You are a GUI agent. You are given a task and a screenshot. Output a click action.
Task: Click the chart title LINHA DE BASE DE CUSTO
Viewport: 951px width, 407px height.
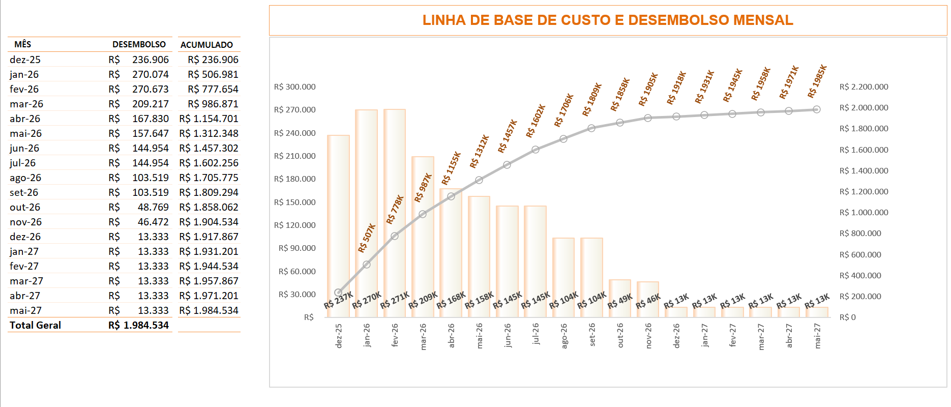607,20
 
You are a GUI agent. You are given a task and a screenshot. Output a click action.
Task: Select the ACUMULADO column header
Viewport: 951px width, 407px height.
206,45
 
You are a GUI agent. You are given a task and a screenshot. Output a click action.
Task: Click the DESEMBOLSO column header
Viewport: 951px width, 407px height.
139,44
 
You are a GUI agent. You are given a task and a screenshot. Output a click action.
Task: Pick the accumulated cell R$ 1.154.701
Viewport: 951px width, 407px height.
209,119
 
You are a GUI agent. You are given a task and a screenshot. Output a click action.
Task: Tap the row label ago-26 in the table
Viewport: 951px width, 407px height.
25,178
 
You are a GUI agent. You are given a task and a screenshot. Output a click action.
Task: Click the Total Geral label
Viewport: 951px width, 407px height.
35,325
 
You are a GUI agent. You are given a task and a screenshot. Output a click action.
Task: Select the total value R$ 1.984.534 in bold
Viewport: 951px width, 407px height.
138,325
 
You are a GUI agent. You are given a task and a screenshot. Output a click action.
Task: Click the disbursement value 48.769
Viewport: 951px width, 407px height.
153,207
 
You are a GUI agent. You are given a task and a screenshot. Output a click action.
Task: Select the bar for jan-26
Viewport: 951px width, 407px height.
366,214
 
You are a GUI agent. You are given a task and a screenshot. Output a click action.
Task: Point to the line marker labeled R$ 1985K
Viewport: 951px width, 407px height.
816,109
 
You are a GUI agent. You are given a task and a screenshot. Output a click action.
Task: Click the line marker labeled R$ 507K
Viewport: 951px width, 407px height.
367,265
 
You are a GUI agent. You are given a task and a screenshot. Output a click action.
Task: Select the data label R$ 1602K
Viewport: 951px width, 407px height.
536,121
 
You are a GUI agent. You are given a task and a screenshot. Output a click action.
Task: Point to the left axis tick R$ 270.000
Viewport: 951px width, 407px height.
294,110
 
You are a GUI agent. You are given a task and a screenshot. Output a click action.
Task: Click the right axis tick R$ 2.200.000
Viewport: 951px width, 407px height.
864,87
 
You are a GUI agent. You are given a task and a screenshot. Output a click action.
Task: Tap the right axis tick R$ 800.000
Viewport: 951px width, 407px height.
860,234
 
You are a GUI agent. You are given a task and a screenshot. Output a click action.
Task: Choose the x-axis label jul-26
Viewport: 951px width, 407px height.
536,334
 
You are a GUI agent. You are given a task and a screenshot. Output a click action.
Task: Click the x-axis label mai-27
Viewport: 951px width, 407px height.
817,336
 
